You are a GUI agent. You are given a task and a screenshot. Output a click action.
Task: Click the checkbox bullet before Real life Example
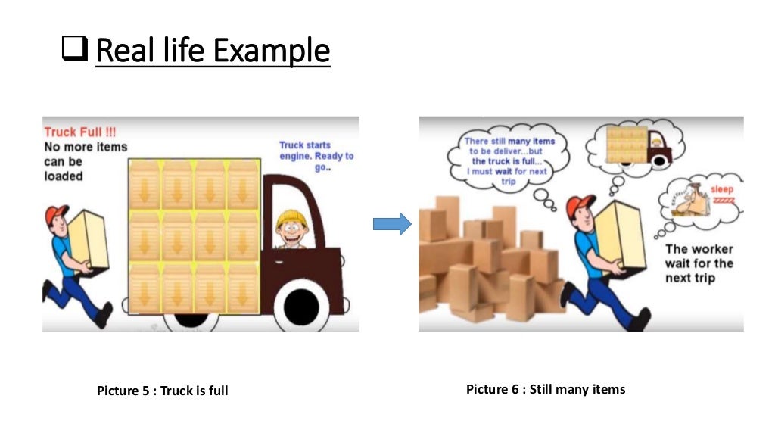74,51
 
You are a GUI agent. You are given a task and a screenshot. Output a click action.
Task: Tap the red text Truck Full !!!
79,132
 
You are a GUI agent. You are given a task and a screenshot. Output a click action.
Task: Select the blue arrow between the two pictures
391,223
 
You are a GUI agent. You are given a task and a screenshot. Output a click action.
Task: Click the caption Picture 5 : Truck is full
162,391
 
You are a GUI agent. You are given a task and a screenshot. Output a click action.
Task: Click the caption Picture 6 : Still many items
546,389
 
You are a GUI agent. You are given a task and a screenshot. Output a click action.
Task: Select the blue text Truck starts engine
316,156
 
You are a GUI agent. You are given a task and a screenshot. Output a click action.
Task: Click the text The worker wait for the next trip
699,263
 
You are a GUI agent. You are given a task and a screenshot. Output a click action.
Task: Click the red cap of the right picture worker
580,205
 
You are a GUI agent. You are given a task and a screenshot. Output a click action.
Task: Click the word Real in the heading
124,51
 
